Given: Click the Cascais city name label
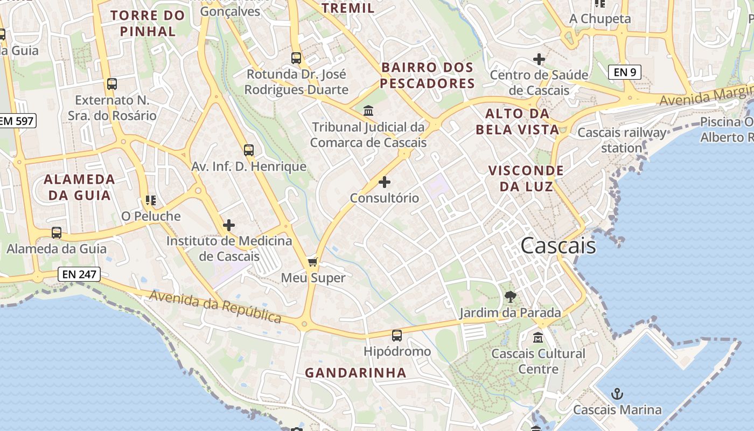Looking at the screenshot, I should pos(558,246).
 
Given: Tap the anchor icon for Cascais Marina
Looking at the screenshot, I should pos(617,394).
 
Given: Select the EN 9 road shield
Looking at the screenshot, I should pos(625,72).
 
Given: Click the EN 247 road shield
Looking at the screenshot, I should pos(79,274).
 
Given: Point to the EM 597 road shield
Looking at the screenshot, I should pos(17,121).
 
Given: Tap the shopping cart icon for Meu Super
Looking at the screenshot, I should pos(312,262).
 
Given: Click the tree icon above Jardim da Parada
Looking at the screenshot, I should pos(510,296).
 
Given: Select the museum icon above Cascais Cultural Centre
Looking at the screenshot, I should pos(537,338).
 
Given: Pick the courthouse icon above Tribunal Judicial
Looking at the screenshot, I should pos(368,111).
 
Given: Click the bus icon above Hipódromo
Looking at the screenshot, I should pos(397,336).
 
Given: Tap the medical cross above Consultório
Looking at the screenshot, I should pos(385,182).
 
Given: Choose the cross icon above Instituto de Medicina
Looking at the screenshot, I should pos(229,225).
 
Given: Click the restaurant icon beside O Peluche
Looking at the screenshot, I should pos(151,200).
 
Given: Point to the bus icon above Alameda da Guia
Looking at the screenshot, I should pos(57,233).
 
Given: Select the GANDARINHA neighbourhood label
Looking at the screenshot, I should pos(355,373).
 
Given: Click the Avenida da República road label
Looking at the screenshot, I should pos(215,307).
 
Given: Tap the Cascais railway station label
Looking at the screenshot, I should pos(622,140).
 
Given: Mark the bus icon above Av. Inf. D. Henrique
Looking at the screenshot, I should pos(248,150).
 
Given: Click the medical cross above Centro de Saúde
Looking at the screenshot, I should pos(539,59).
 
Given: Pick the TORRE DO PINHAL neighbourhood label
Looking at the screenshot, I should pos(148,23).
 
